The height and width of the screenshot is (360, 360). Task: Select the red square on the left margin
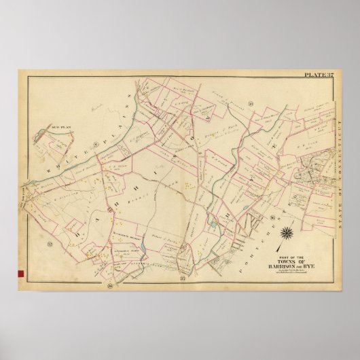(x=22, y=274)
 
